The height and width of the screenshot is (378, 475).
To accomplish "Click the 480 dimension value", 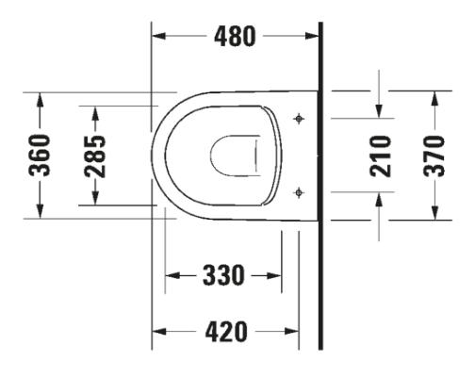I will point(235,37).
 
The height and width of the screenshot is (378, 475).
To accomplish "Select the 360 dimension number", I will point(40,155).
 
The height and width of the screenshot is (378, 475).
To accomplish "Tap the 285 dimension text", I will point(94,155).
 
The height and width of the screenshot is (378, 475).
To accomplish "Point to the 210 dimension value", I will point(380,155).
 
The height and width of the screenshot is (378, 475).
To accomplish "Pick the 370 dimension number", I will point(435,155).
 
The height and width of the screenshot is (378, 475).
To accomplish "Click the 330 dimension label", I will point(223,276).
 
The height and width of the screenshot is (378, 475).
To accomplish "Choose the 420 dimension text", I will point(227,332).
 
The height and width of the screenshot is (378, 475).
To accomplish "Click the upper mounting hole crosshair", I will point(299,119).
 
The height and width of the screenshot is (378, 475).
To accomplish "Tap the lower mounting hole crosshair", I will point(299,191).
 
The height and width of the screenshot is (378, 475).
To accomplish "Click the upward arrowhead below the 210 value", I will point(380,197).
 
